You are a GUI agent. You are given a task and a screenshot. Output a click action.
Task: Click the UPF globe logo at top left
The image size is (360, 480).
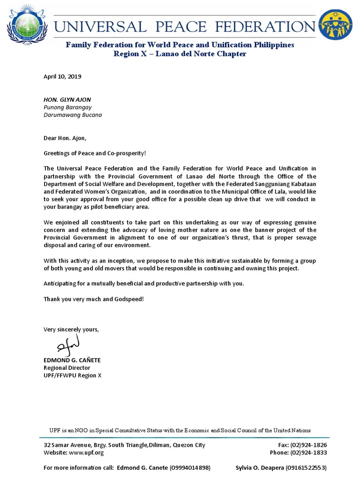(29, 23)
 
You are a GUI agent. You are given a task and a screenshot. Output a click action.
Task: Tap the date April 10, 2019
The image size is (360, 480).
(62, 76)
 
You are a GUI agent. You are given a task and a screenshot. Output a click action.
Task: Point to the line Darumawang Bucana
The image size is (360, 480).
(73, 115)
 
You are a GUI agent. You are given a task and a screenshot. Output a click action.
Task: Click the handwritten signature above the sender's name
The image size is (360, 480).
(68, 346)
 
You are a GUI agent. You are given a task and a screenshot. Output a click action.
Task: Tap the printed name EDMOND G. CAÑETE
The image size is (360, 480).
(72, 360)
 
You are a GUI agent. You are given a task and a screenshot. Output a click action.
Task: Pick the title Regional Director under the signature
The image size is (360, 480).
(67, 368)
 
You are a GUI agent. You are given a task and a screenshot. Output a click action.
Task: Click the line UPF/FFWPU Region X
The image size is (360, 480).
(72, 375)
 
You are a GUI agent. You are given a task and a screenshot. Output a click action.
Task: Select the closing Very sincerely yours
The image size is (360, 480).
(71, 330)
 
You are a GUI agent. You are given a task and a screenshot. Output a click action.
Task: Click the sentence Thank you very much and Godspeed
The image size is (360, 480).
(94, 299)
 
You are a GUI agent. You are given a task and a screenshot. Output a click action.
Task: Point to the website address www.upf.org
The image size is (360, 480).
(86, 452)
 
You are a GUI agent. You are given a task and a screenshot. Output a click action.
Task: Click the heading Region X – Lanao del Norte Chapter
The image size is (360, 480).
(180, 54)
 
